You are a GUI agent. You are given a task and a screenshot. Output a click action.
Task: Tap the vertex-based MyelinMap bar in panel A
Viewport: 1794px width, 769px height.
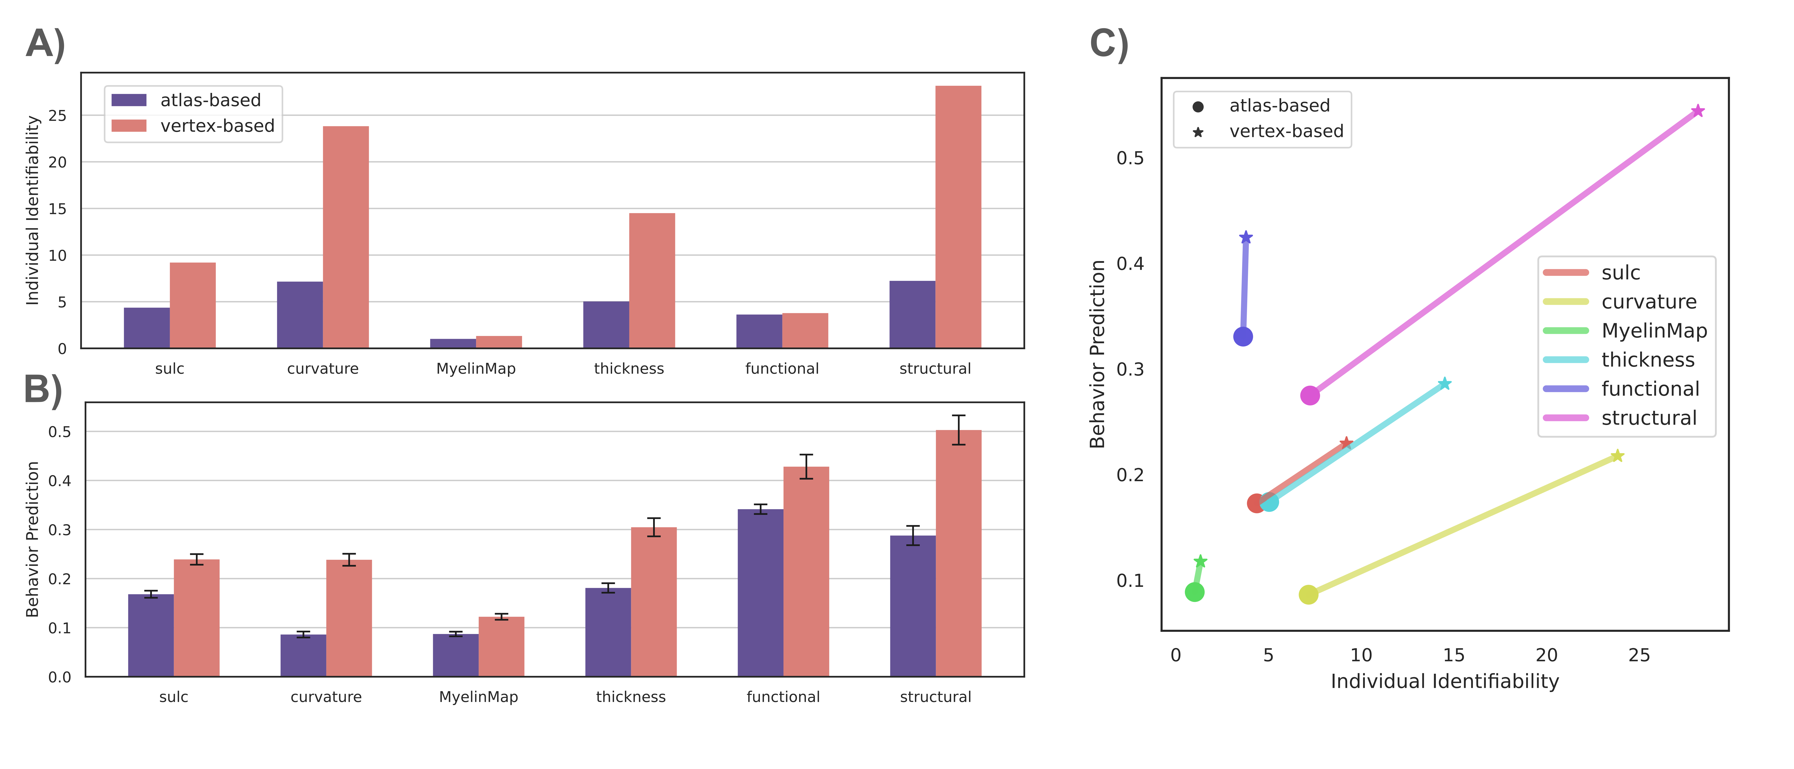[x=499, y=342]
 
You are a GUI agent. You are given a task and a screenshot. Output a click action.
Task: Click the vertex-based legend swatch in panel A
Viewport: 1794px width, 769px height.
[x=129, y=126]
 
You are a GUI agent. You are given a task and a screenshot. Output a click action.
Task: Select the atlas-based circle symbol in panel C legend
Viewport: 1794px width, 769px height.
[x=1198, y=107]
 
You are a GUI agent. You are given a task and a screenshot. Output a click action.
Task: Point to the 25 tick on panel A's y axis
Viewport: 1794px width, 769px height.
[x=58, y=116]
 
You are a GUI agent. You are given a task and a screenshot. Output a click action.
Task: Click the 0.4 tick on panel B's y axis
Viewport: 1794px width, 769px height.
[x=60, y=481]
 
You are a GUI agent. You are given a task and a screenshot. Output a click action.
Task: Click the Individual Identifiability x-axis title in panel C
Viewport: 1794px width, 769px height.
[x=1444, y=681]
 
